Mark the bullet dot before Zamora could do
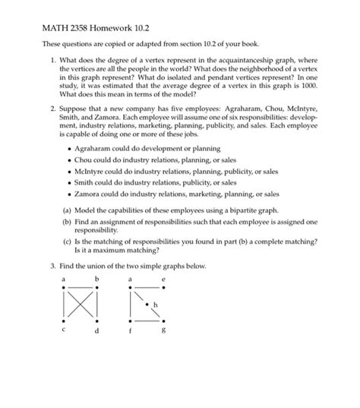(x=70, y=194)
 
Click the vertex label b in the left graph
(x=97, y=280)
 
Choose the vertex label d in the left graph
(x=97, y=331)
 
